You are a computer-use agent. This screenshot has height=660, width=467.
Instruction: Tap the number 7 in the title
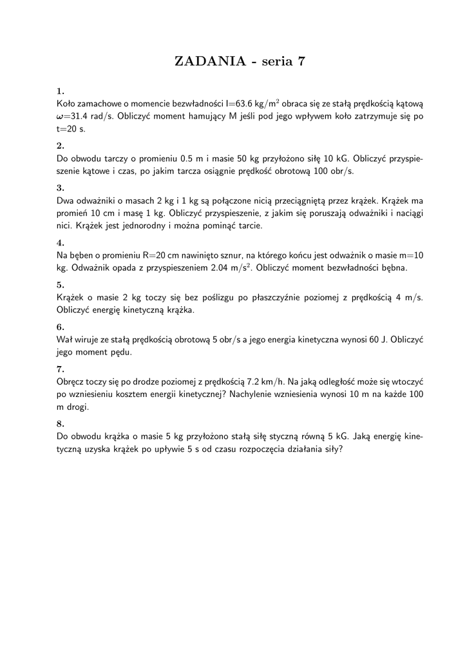300,62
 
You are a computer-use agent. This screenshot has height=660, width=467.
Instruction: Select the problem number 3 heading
60,188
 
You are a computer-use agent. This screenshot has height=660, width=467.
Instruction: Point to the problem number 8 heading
60,423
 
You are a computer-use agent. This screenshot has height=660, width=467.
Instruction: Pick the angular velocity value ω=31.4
78,116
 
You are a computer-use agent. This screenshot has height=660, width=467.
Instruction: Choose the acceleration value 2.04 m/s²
228,267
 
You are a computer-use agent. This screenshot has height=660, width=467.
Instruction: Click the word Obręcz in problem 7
71,381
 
